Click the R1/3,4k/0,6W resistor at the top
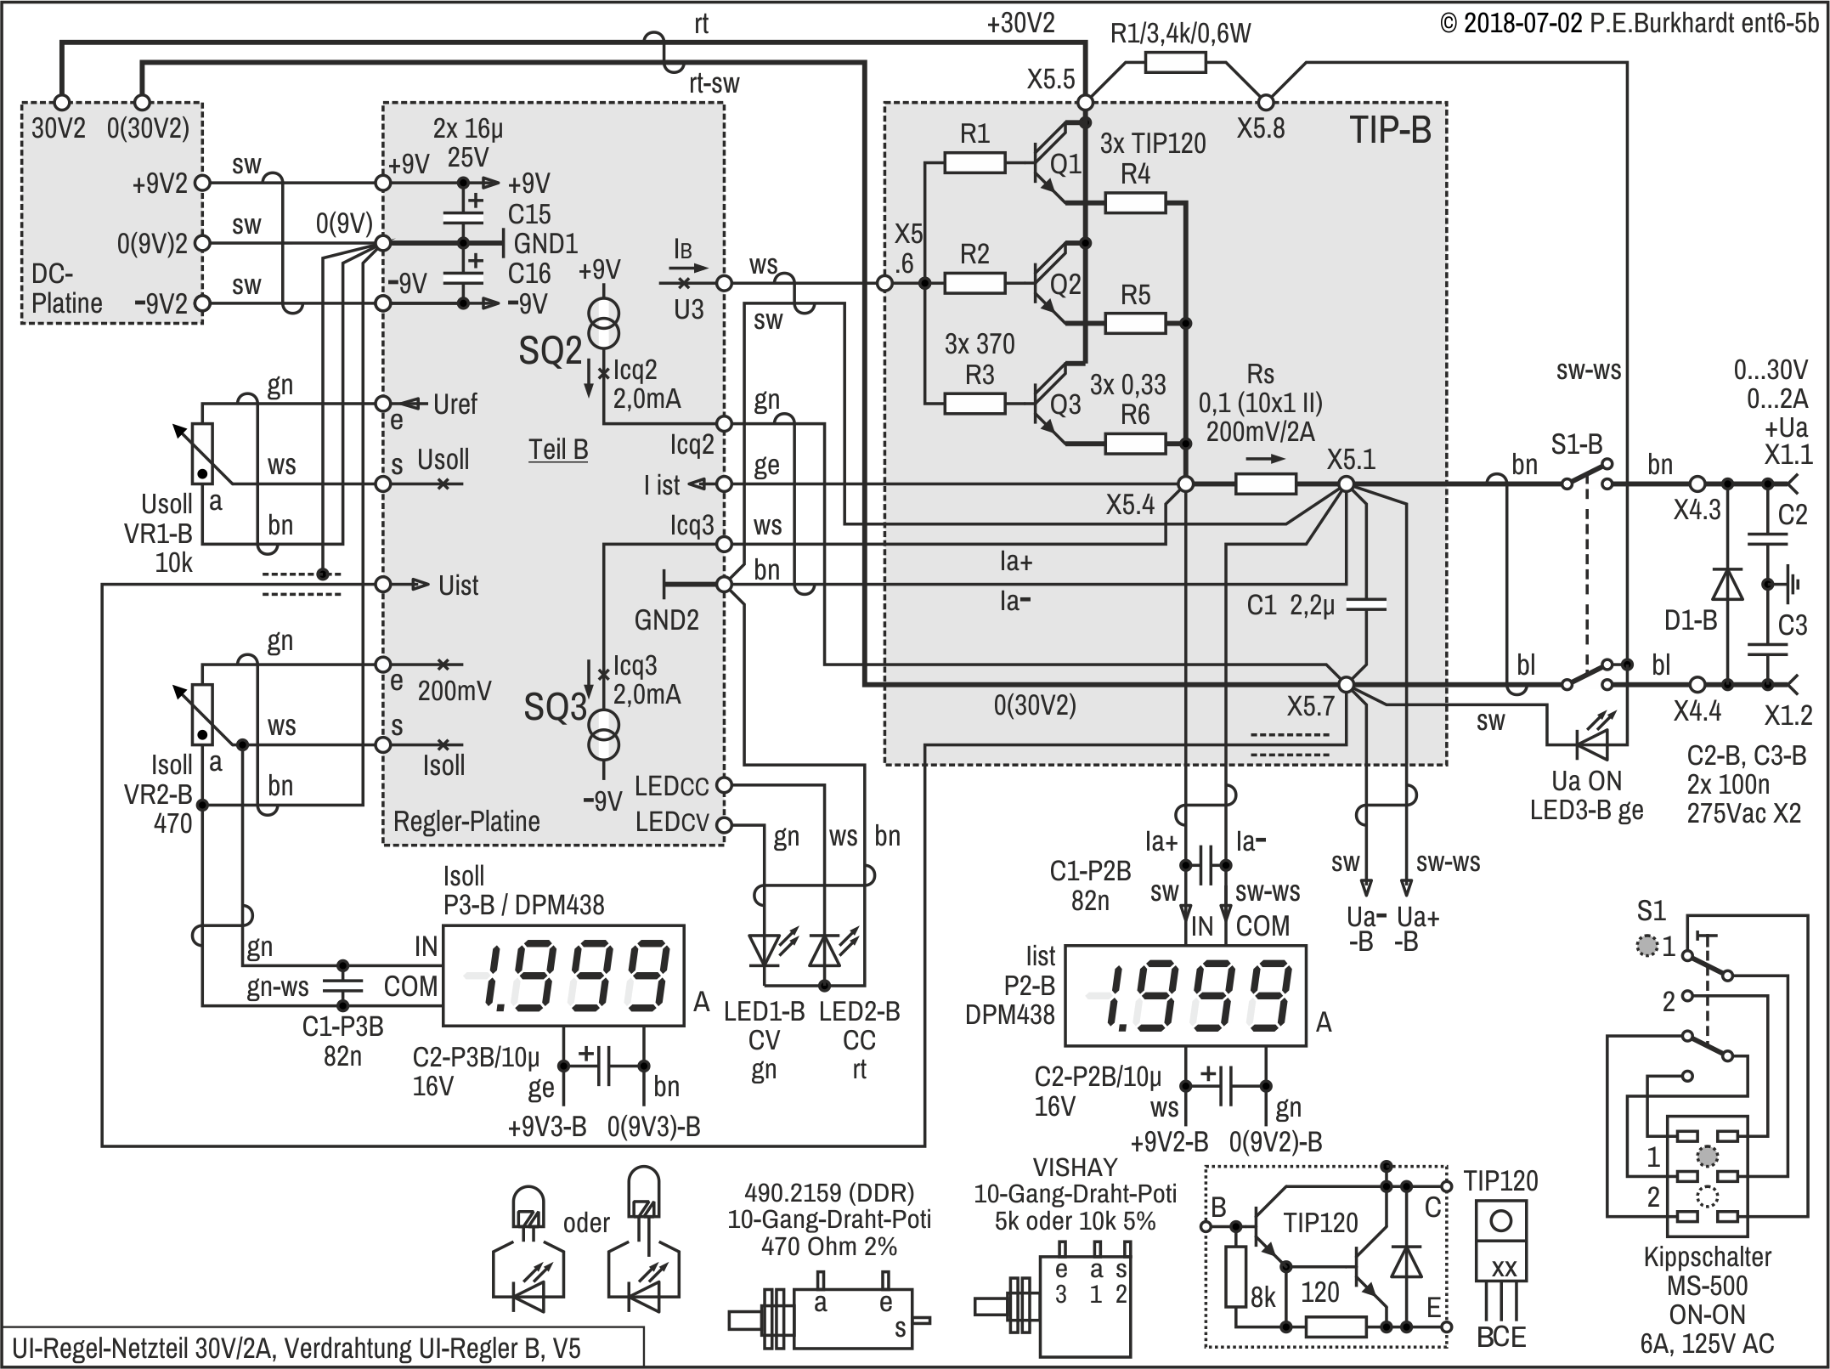point(1175,62)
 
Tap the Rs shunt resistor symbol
point(1265,484)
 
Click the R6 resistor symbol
point(1135,444)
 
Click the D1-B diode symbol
point(1726,584)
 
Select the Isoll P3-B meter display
point(563,975)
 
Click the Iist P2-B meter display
point(1185,995)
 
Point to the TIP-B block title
point(1390,130)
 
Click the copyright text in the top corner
point(1629,23)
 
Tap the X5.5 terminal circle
point(1085,103)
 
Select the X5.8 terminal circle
point(1266,103)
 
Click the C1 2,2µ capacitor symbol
point(1367,604)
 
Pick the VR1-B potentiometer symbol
point(202,453)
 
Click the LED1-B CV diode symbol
point(764,950)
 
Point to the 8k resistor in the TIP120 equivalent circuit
point(1236,1277)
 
